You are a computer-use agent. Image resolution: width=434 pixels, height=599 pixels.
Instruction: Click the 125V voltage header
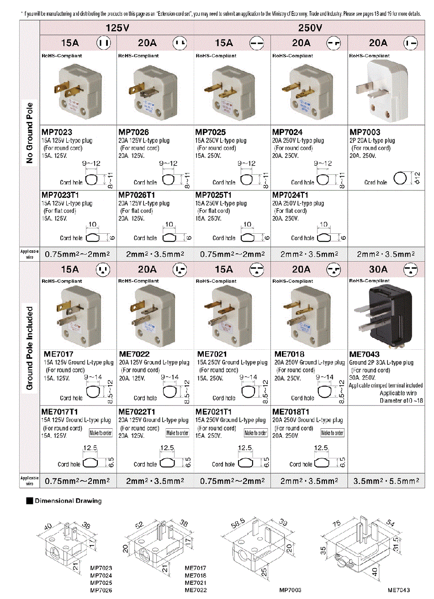(x=117, y=28)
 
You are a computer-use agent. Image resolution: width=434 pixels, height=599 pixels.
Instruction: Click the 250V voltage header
(x=310, y=28)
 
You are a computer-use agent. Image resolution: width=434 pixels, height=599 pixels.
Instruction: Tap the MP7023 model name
(x=57, y=132)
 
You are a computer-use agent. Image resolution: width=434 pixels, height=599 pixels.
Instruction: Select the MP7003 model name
(x=365, y=132)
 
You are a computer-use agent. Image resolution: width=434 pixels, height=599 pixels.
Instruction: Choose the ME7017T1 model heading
(x=60, y=412)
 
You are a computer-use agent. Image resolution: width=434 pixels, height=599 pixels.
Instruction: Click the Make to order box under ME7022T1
(x=177, y=433)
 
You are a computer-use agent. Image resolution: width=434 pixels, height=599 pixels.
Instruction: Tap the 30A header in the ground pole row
(x=378, y=269)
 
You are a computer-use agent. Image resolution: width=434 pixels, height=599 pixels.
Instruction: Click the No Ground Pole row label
(x=30, y=133)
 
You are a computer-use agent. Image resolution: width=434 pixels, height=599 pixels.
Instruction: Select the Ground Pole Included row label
(x=30, y=348)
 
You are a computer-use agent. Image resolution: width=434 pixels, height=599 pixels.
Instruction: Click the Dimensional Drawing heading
(x=68, y=501)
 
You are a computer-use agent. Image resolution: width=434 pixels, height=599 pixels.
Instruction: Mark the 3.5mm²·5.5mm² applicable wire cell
(x=386, y=481)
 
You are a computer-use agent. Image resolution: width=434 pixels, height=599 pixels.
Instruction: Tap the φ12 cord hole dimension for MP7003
(x=417, y=178)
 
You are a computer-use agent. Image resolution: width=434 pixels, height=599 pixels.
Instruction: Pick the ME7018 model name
(x=289, y=354)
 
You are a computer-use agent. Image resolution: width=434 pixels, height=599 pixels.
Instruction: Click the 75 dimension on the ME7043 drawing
(x=337, y=524)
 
